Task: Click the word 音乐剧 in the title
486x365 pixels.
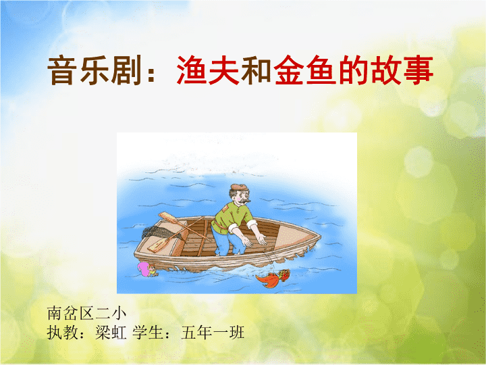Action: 94,70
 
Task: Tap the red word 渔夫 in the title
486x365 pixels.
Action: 208,70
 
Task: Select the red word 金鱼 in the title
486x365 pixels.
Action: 305,70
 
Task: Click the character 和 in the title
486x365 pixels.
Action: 256,70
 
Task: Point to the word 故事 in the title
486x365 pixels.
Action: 402,70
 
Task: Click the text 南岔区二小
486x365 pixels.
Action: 87,313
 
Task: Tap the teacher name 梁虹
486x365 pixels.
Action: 111,333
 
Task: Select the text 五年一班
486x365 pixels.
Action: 213,333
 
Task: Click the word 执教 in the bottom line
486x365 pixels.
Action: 63,333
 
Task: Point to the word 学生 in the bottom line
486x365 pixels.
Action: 148,333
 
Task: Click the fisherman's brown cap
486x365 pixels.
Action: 239,187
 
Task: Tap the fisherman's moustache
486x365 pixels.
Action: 246,201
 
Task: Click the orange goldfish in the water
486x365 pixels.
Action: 273,278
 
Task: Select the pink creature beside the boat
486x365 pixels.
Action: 147,270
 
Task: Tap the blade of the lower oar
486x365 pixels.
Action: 158,245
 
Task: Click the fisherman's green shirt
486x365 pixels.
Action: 230,218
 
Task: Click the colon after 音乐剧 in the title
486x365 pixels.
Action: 151,74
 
